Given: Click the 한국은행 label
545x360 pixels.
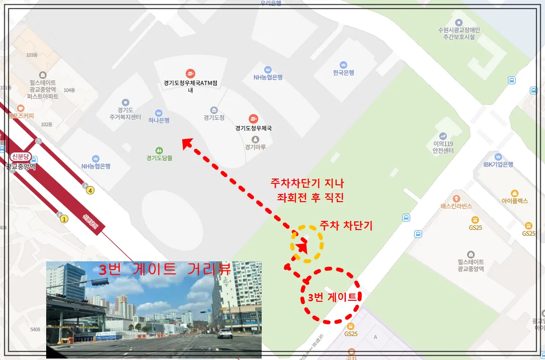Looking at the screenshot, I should point(343,73).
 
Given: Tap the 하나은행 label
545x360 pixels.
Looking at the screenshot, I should point(159,120).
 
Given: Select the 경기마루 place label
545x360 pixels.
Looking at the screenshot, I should point(255,147).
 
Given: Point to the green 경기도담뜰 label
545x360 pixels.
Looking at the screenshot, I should point(159,157).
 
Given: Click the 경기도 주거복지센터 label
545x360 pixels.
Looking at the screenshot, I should point(125,114).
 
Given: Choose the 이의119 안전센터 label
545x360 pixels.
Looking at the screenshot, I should point(443,147).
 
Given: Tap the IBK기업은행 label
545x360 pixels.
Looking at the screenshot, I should point(498,164).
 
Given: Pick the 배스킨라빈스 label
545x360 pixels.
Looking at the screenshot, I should point(456,206).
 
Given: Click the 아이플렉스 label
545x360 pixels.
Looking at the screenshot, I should point(514,201).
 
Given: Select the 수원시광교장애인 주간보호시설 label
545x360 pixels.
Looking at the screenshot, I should point(458,33).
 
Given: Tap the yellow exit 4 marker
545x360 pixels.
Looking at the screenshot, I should point(90,190).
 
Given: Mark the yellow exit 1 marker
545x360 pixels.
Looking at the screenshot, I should point(64,219).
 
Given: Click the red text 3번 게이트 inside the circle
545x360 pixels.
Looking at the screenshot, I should point(332,297).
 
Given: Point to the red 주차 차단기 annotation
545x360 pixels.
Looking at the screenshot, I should point(346,225).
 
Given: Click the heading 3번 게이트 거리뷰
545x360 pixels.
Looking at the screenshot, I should point(165,270).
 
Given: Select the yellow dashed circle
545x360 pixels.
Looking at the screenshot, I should point(307,244).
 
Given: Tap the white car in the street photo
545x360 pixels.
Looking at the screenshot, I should point(225,333).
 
